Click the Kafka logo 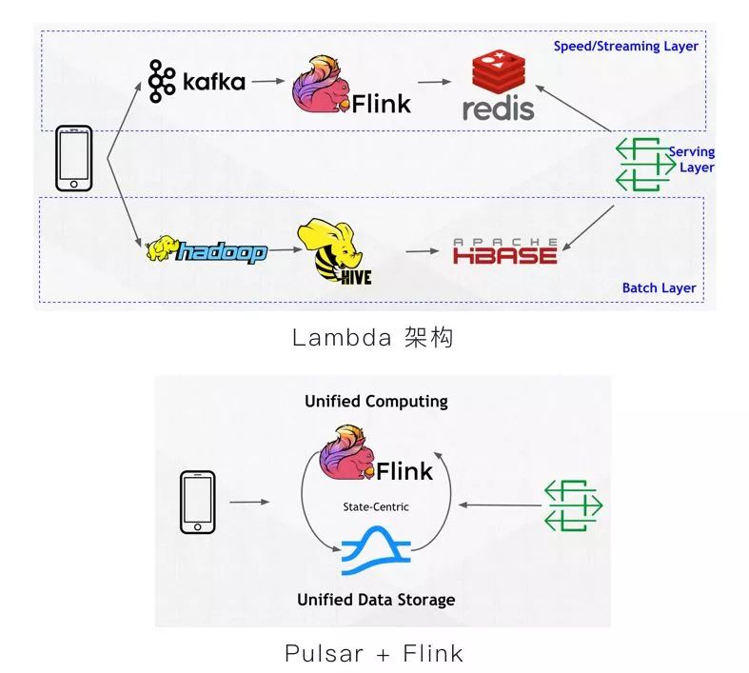pos(196,81)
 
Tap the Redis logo pos(498,87)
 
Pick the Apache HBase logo pos(504,251)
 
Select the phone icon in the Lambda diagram pos(75,158)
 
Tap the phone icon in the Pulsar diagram pos(197,501)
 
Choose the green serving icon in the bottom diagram pos(573,505)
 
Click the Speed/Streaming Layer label pos(625,46)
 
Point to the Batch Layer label pos(659,287)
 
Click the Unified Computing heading pos(376,401)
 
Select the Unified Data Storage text pos(375,600)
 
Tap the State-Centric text pos(376,507)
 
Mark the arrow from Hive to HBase pos(426,252)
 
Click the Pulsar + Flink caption pos(373,653)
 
